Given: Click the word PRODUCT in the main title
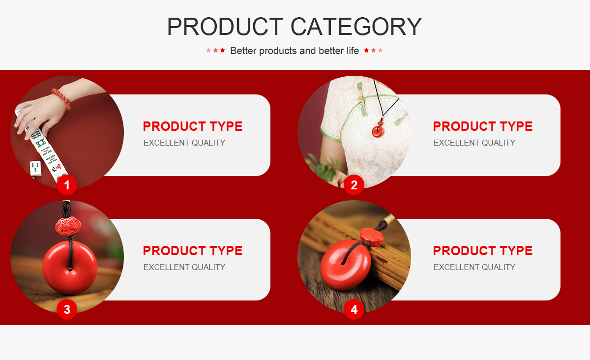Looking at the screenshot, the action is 225,27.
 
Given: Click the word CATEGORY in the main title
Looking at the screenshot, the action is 356,27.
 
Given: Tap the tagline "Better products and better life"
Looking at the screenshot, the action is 295,51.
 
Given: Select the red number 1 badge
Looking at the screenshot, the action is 67,185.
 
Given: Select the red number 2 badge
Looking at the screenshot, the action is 354,185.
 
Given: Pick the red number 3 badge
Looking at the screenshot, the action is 67,309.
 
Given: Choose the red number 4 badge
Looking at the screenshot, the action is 354,309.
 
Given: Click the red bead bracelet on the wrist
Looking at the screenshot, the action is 62,98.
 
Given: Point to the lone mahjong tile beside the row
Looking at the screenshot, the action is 35,168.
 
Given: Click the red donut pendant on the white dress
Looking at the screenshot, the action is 378,131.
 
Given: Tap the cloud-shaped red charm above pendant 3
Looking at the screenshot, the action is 68,226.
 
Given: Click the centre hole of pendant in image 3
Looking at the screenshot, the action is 70,269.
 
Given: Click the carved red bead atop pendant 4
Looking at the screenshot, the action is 371,236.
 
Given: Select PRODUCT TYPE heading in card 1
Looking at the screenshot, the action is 193,126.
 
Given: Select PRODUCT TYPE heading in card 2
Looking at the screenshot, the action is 483,126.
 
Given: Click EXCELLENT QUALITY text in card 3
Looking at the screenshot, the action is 184,267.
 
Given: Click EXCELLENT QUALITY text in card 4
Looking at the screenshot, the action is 474,267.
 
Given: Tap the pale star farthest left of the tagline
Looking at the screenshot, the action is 208,50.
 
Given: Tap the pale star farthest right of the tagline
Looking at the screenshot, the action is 381,50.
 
